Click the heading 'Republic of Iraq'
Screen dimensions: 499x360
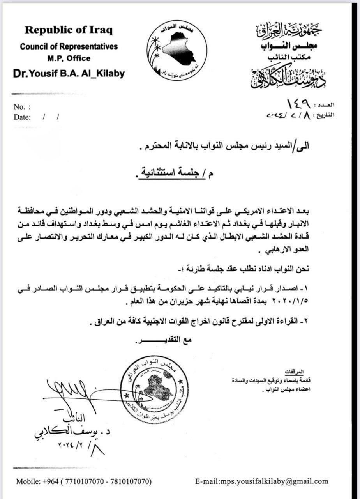68,30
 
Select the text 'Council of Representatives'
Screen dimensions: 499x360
69,46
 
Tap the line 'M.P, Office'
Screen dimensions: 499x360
69,58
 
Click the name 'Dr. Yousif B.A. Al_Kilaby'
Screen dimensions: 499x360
69,73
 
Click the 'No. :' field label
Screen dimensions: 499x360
22,106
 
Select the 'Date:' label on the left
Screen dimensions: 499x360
22,117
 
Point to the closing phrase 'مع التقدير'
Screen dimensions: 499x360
164,340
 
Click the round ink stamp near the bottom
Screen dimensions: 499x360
152,390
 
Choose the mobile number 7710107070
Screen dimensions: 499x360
85,481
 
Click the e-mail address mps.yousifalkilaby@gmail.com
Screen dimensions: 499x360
261,481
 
